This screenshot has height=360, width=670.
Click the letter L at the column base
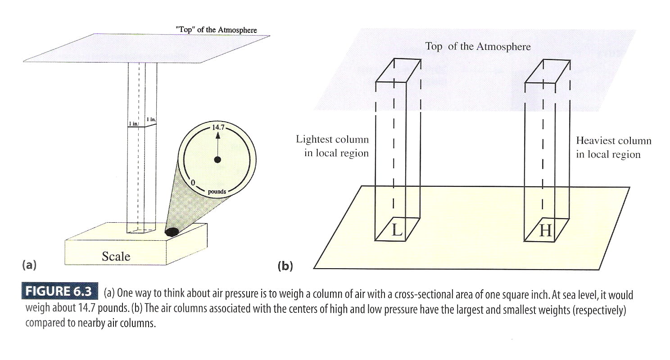coord(397,230)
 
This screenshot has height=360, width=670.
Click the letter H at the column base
coord(545,231)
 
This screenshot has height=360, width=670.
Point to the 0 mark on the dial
coord(193,182)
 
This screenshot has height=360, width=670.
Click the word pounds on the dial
coord(217,192)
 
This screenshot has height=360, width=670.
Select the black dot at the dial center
coord(218,159)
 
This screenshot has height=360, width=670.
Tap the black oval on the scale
coord(172,232)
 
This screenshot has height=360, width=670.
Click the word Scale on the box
coord(116,256)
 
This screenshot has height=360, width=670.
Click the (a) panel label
coord(29,265)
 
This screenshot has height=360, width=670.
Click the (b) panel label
coord(285,266)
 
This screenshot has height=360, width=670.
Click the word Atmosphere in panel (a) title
coord(237,30)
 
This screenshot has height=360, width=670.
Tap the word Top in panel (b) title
coord(434,46)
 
